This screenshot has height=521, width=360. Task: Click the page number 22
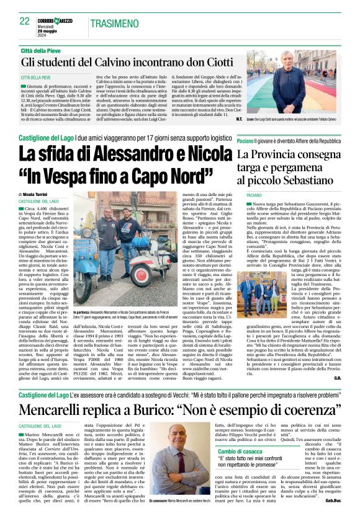click(24, 21)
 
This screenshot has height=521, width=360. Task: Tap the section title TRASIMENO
click(114, 23)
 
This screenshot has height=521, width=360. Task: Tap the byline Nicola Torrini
click(38, 177)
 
